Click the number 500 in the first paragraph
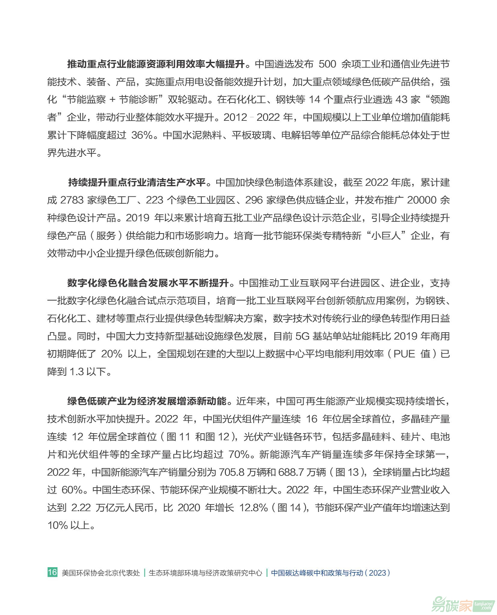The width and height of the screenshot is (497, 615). click(x=327, y=64)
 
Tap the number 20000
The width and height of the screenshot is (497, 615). click(x=422, y=200)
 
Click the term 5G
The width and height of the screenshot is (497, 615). click(x=302, y=336)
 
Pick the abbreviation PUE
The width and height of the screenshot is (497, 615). click(x=404, y=354)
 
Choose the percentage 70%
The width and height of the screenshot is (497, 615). click(x=239, y=455)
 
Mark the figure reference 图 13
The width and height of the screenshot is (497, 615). click(x=347, y=472)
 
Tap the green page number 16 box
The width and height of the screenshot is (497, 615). click(x=52, y=572)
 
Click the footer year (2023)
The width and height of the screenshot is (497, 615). click(x=377, y=573)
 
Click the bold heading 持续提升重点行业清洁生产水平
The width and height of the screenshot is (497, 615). click(x=137, y=182)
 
